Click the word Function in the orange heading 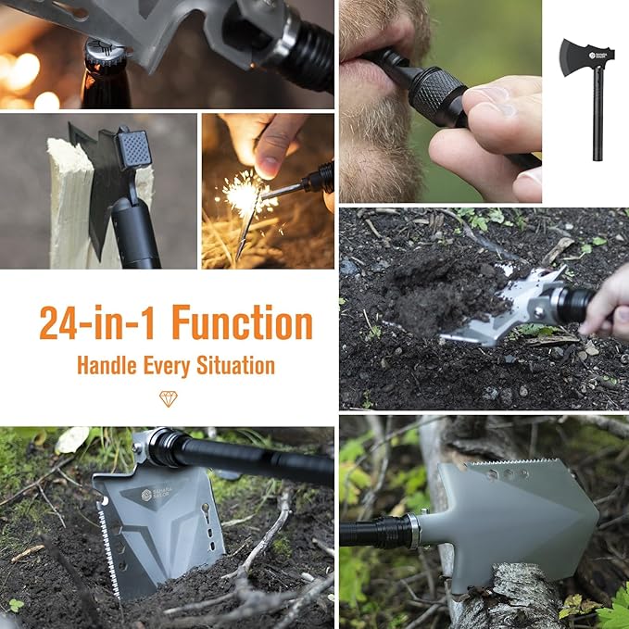(x=242, y=323)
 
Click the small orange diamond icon (x=168, y=398)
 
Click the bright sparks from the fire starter (x=244, y=194)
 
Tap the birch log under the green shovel (x=491, y=602)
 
